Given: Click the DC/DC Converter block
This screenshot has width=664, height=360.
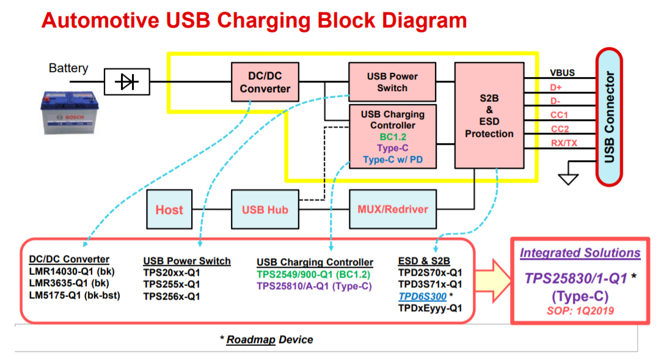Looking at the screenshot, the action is click(265, 82).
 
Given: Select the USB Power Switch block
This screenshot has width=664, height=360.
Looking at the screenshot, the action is click(392, 82).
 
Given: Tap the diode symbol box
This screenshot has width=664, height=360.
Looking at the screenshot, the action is click(127, 82).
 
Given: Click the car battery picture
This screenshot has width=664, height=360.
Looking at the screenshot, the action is click(70, 112).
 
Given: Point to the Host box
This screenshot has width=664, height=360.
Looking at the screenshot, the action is click(169, 210).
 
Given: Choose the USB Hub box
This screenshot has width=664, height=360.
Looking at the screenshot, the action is click(265, 210).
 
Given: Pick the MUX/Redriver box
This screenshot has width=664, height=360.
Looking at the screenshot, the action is click(393, 209).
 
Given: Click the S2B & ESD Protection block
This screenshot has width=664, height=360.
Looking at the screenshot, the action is click(489, 116).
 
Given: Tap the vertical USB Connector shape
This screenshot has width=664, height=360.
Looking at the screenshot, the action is click(609, 117).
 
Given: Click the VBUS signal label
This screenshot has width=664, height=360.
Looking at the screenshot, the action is click(563, 72).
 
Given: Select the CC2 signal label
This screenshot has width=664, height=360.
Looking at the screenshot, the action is click(560, 129).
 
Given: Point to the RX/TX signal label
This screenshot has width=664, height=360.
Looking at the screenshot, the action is click(564, 143).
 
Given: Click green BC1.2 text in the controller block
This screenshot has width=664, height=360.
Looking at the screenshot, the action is click(393, 137).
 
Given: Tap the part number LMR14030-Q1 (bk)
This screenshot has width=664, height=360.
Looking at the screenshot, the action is click(72, 271).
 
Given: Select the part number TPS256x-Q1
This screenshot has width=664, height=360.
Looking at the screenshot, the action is click(172, 296).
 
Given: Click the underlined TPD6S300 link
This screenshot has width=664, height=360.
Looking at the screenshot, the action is click(422, 296).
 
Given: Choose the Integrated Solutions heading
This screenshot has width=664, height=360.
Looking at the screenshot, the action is click(580, 253).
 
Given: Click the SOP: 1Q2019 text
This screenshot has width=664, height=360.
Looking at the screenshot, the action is click(580, 311).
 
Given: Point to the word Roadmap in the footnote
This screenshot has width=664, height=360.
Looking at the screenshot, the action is click(250, 340).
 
